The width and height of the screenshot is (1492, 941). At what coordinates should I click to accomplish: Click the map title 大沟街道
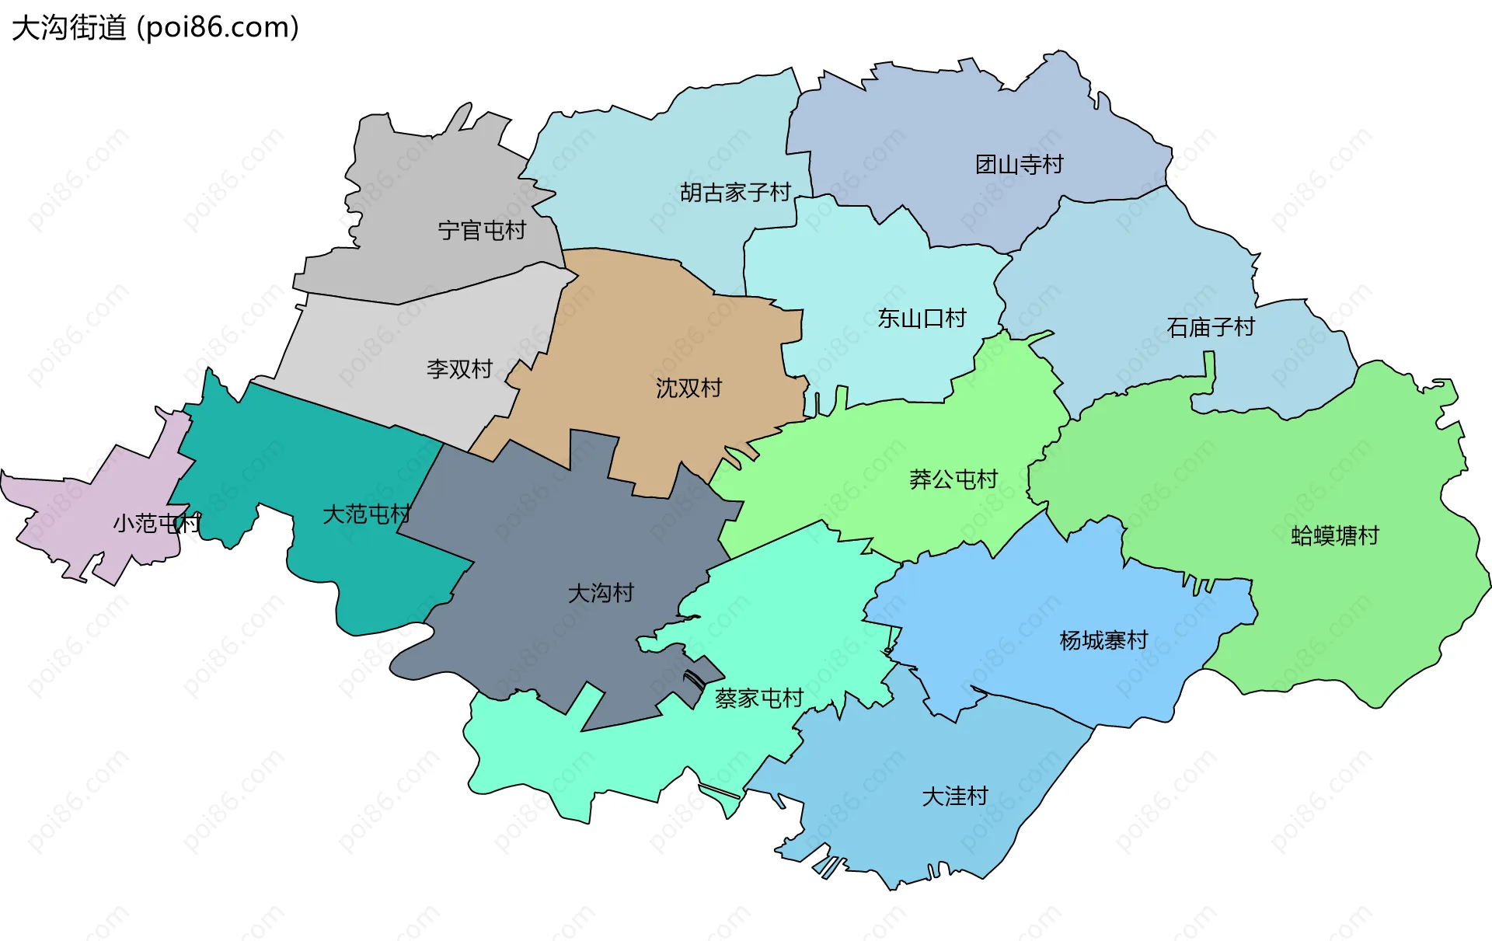[68, 28]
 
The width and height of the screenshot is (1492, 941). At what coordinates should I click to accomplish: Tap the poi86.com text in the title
[218, 28]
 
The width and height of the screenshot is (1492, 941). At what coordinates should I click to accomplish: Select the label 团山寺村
[1019, 165]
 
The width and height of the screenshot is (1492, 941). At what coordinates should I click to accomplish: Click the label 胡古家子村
[735, 192]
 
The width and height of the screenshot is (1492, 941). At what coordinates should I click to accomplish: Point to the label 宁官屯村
[482, 230]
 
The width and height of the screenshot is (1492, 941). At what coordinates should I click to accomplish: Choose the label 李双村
[459, 368]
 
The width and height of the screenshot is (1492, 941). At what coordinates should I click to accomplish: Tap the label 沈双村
[688, 388]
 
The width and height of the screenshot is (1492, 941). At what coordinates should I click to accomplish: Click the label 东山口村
[922, 318]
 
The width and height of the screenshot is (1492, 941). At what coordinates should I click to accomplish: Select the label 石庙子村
[1211, 327]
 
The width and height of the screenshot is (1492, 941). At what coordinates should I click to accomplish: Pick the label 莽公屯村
[953, 479]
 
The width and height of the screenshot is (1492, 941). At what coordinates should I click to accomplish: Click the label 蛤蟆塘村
[1334, 535]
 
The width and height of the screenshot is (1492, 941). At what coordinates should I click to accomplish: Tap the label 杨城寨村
[1103, 640]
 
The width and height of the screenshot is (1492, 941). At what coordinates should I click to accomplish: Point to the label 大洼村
[954, 796]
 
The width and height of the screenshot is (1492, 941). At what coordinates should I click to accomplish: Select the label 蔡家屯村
[758, 699]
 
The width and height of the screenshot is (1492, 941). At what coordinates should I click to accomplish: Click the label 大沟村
[601, 594]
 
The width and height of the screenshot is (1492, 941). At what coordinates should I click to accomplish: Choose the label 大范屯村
[366, 514]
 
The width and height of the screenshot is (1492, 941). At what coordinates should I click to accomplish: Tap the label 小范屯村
[156, 523]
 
